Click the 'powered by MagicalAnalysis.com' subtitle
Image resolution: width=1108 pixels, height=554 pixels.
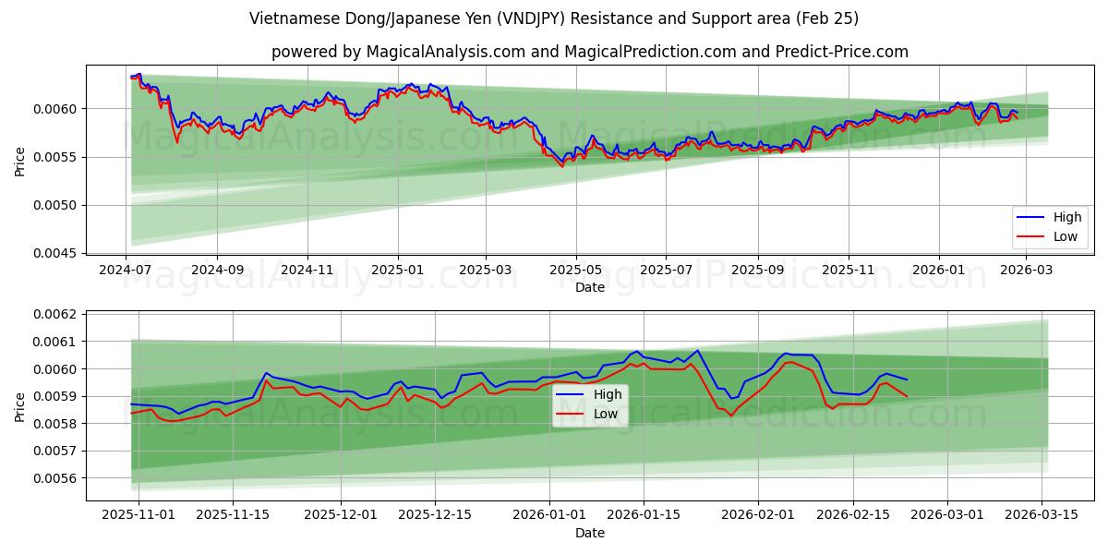point(589,52)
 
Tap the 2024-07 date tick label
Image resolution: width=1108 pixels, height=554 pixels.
point(126,270)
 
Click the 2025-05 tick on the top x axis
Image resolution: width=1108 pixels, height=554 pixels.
point(576,270)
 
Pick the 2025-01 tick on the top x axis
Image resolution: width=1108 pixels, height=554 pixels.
point(398,270)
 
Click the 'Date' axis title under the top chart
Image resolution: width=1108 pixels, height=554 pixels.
point(589,287)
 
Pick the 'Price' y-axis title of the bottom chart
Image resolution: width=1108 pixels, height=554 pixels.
point(20,406)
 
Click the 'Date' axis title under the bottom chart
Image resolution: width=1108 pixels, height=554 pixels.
point(589,533)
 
